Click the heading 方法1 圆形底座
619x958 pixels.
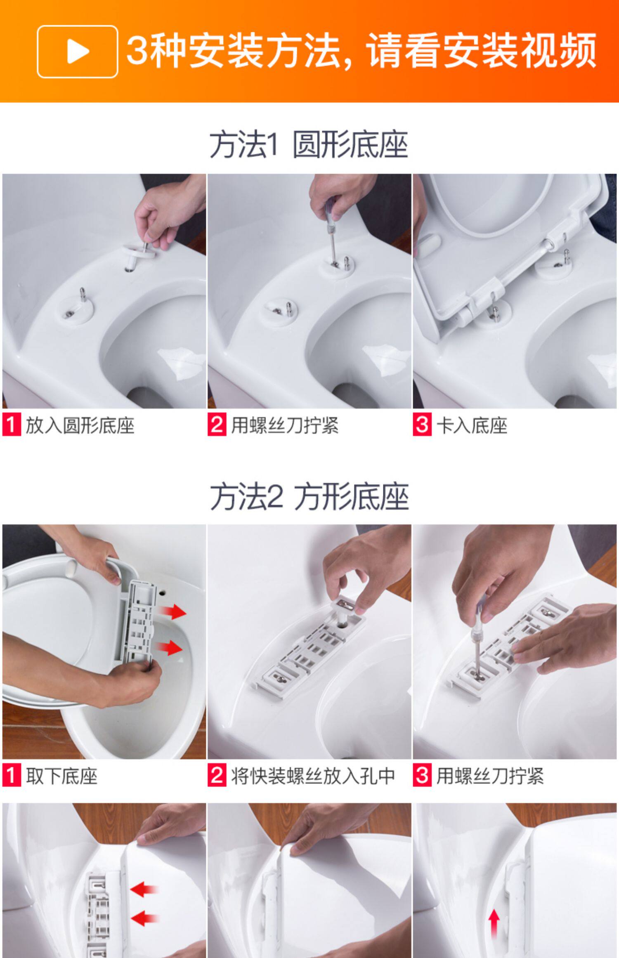point(309,145)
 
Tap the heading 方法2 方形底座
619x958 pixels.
point(309,497)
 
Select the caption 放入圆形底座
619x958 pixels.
point(80,425)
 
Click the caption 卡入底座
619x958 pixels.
point(472,425)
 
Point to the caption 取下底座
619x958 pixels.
point(61,776)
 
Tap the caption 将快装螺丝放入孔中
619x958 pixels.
point(313,776)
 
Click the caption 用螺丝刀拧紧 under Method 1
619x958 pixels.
point(285,425)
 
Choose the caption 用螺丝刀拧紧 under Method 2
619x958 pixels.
point(490,776)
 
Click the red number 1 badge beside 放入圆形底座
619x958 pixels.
point(12,425)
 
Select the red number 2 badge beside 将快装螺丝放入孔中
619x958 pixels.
point(217,776)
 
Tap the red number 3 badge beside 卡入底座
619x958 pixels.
point(422,425)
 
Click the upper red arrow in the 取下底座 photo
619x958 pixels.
point(172,611)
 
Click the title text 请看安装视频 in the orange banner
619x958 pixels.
point(481,51)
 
